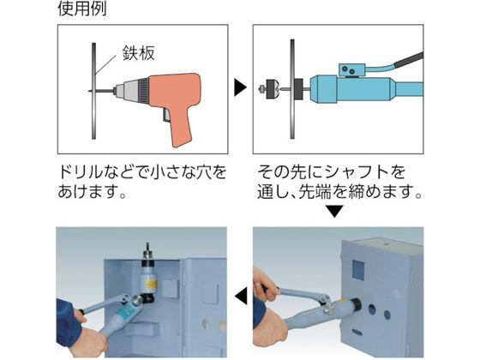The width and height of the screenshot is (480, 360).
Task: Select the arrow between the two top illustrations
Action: (x=240, y=88)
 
